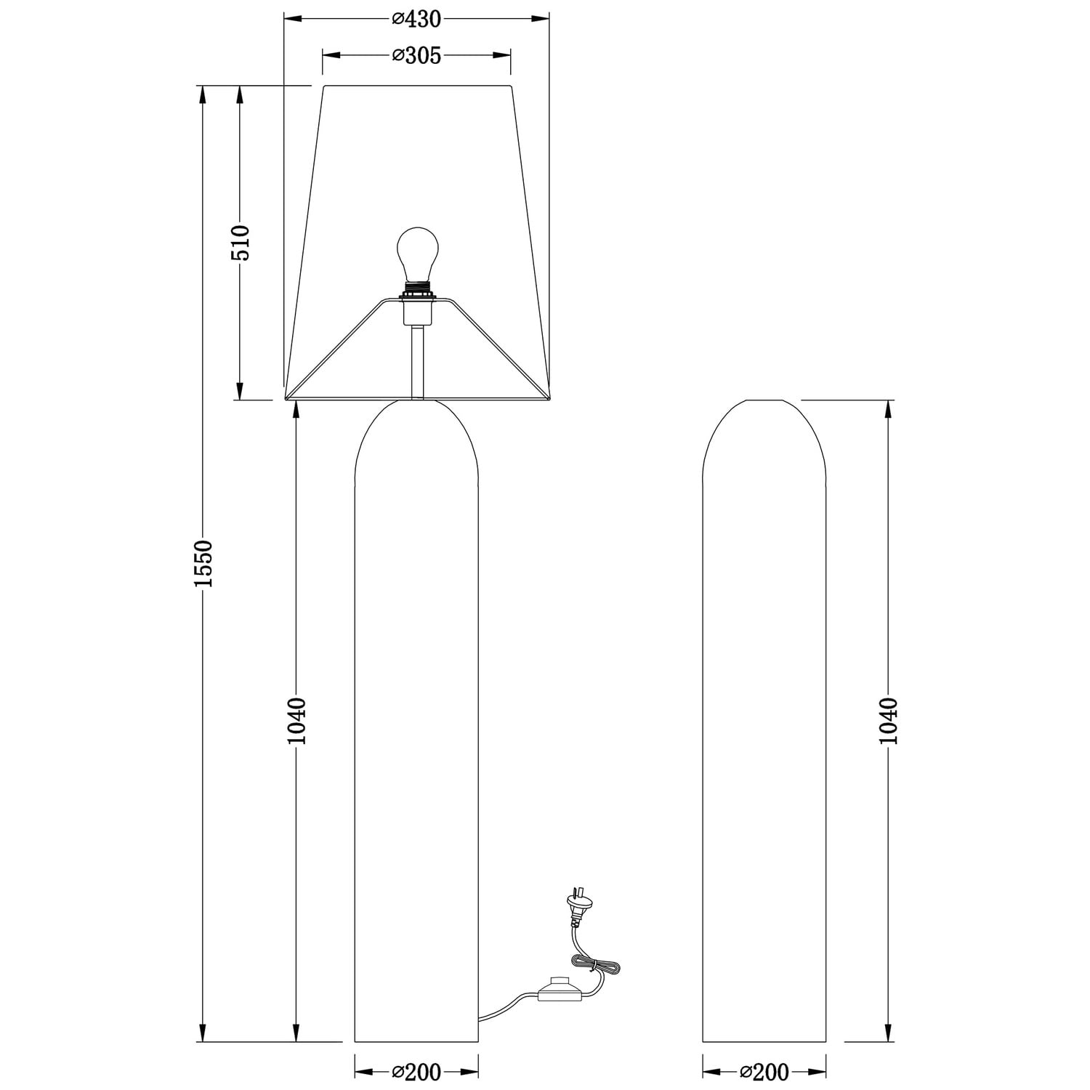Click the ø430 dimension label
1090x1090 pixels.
tap(416, 19)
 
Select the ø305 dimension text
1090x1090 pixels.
tap(416, 55)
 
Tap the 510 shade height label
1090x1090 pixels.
tap(241, 243)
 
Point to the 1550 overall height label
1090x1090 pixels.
tap(203, 563)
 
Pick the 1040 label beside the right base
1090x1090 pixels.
tap(889, 721)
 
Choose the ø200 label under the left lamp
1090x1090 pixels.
tap(416, 1072)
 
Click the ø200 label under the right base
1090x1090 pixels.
tap(764, 1072)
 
